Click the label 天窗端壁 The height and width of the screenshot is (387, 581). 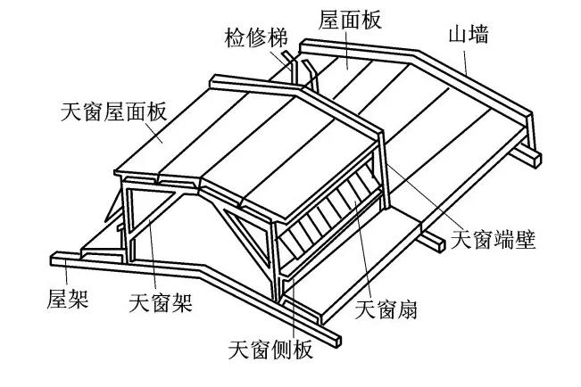tap(494, 240)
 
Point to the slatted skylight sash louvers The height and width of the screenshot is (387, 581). tap(325, 214)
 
